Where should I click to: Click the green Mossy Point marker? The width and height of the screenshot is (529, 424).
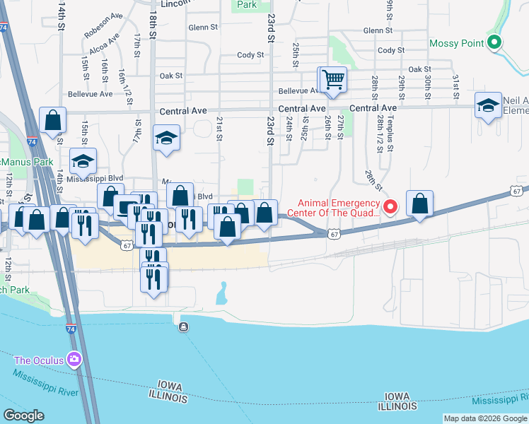pos(496,43)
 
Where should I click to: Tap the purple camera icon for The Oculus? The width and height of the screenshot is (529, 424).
pos(74,360)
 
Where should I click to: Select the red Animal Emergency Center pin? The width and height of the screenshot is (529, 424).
pos(390,206)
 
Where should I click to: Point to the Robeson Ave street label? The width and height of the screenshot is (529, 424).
pos(103,33)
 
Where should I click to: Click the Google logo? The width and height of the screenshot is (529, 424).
pos(23,416)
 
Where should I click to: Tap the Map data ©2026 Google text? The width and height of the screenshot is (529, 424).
pos(485,418)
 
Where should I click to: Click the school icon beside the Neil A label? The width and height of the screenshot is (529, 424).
pos(488,105)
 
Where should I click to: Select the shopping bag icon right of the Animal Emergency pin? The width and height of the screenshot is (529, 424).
pos(420,204)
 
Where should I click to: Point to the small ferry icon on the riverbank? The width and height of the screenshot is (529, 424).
pos(184,326)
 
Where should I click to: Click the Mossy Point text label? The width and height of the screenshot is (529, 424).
pos(457,44)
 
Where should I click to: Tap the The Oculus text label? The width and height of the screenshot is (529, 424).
pos(39,360)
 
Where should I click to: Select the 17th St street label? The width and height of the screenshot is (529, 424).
pos(136,52)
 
